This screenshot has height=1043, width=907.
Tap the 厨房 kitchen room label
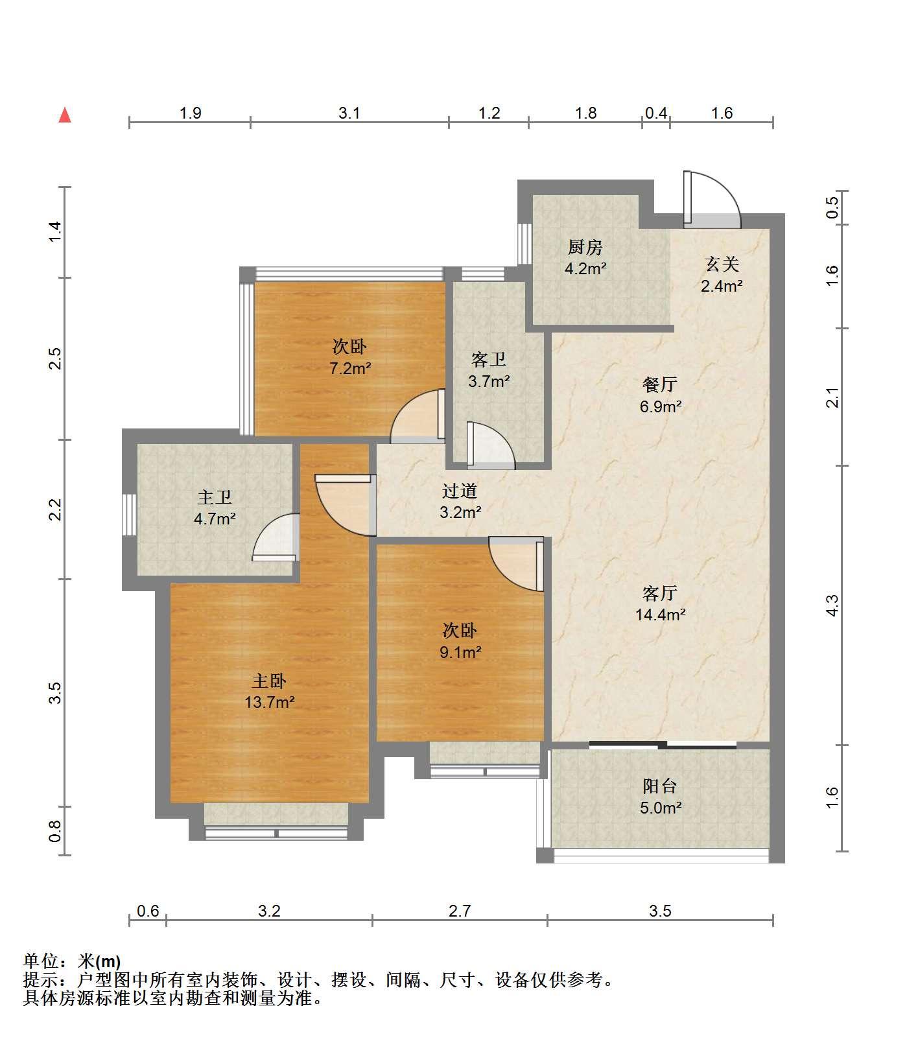point(585,247)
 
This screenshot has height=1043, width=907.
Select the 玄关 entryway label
point(722,264)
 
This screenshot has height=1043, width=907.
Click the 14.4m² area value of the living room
point(661,614)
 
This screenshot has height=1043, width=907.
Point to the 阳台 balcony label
point(660,786)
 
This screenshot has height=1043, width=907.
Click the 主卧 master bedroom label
point(269,681)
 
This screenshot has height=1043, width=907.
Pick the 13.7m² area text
point(270,701)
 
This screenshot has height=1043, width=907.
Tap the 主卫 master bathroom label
point(215,497)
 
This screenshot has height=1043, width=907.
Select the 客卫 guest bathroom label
point(489,359)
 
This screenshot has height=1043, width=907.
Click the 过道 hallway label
point(460,491)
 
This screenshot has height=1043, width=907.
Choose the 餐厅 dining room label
point(660,384)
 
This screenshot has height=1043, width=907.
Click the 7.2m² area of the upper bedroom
point(350,368)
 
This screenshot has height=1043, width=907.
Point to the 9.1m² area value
point(460,651)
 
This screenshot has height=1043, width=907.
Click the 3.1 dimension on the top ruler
point(349,113)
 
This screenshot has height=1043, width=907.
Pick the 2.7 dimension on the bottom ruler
point(460,911)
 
